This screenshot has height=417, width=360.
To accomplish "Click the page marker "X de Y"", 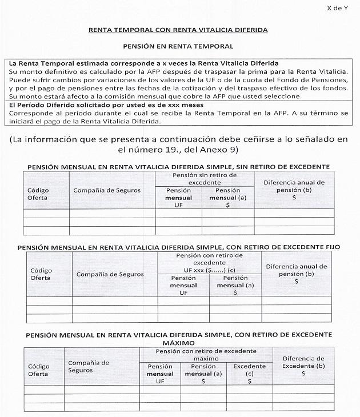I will (337, 9).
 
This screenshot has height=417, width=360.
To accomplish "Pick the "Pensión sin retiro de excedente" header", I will (204, 178).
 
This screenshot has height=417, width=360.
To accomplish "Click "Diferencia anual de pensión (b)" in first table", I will (294, 190).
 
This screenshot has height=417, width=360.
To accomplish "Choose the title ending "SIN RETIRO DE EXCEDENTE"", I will (179, 166).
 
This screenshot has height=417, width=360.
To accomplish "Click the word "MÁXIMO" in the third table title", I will (179, 341).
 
